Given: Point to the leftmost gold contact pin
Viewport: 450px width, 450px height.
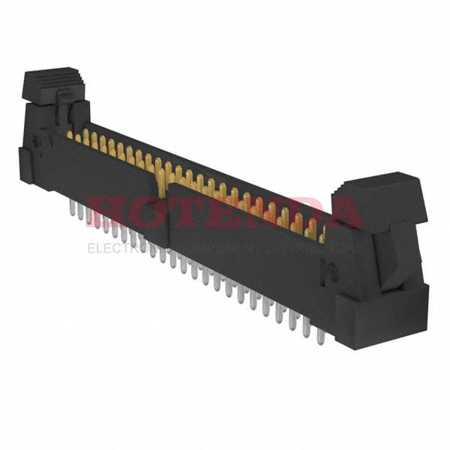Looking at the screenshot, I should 70,135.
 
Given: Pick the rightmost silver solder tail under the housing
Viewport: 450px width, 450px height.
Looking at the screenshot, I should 319,333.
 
